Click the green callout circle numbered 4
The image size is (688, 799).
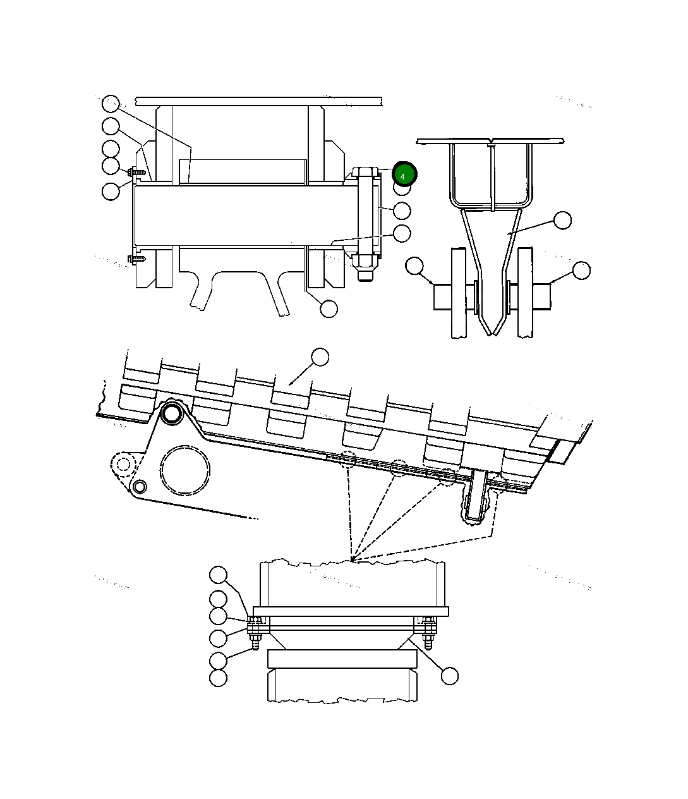coord(404,174)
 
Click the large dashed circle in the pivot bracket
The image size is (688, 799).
coord(184,470)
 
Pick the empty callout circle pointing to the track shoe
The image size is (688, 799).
coord(320,357)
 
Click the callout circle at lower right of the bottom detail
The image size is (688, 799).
coord(449,676)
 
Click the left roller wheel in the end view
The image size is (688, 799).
coord(458,293)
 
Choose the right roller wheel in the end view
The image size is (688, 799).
coord(526,293)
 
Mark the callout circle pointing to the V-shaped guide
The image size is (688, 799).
coord(562,220)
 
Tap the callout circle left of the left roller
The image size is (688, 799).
coord(414,266)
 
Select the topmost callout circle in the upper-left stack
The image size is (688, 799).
coord(111,103)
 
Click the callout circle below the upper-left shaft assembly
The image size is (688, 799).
coord(329,309)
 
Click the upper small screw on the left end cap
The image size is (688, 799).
coord(136,172)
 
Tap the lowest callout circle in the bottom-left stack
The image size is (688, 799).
coord(218,678)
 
